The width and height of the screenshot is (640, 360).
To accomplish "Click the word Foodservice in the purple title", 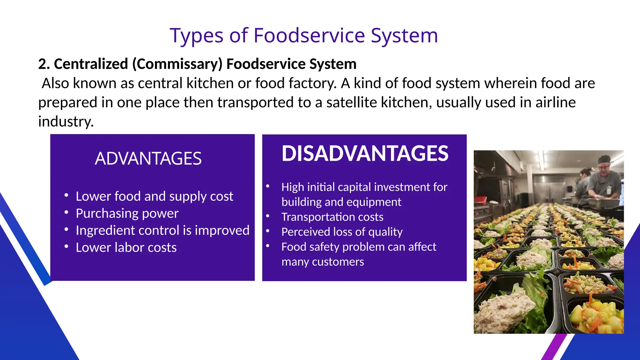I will tap(309, 35).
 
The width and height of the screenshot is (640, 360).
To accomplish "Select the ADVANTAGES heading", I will tap(148, 158).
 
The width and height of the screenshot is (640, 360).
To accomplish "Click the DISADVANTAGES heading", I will tap(365, 153).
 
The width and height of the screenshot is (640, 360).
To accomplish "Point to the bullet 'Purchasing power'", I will tap(127, 213).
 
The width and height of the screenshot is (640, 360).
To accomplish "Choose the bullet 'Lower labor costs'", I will tap(126, 247).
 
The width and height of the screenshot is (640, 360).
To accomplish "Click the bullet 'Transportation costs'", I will tap(332, 217).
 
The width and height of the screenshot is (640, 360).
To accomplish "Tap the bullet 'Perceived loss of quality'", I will tap(342, 232).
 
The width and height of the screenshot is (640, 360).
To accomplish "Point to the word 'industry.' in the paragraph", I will tap(66, 122).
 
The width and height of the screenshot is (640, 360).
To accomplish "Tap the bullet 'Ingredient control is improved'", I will tap(162, 231).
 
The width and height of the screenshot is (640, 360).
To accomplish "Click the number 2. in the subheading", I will tap(44, 64).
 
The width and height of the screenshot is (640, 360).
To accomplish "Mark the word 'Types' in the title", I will tap(196, 35).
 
